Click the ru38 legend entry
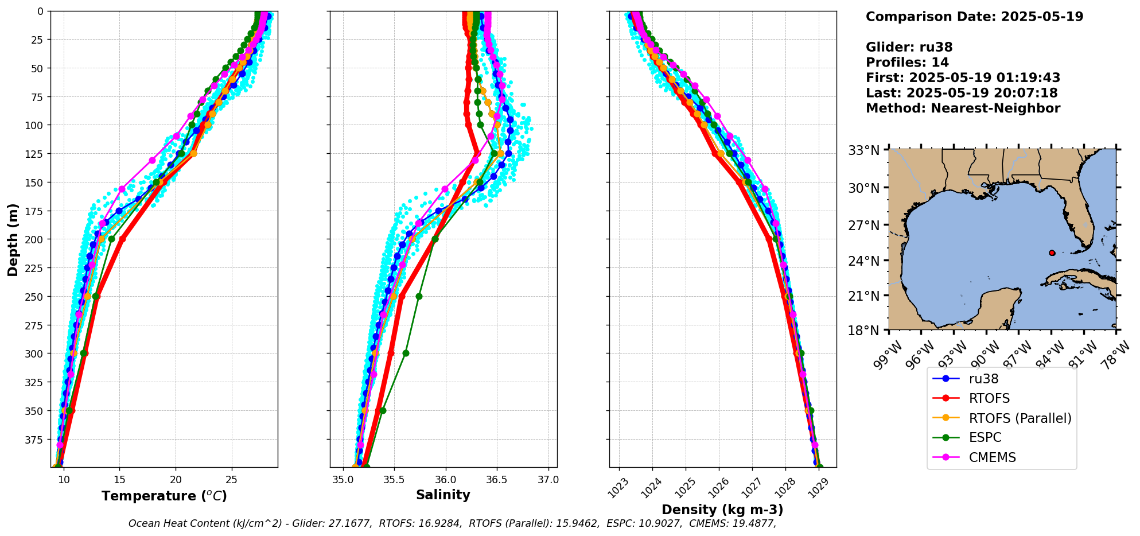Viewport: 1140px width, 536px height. (x=983, y=379)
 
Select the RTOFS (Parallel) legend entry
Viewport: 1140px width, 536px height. (x=1020, y=418)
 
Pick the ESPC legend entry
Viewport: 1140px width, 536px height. (x=985, y=438)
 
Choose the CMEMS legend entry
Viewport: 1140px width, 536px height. (x=992, y=457)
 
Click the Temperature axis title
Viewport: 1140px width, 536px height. (x=164, y=496)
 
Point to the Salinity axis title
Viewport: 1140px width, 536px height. (x=443, y=495)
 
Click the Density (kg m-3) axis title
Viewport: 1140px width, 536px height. (x=722, y=510)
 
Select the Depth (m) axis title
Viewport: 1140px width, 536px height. (x=13, y=239)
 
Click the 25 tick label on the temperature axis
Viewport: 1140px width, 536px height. (x=231, y=480)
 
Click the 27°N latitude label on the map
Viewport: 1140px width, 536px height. (x=864, y=226)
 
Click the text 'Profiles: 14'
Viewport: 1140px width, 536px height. (x=906, y=63)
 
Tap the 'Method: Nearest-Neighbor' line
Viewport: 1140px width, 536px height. (x=962, y=108)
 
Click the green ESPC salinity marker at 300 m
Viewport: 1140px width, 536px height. (x=406, y=354)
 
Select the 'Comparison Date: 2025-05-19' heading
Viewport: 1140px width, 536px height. (x=974, y=17)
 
